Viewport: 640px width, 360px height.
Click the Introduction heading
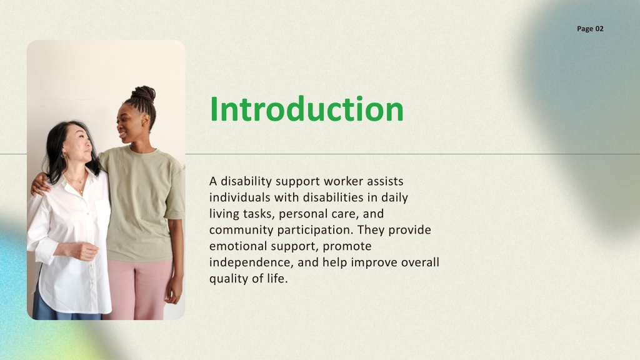(306, 109)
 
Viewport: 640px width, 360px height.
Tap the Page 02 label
(590, 29)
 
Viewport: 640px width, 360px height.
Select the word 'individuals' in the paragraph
(239, 197)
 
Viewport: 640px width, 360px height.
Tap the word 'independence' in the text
(251, 263)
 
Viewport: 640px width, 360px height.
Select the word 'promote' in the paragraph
(347, 247)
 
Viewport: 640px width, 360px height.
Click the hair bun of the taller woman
(144, 94)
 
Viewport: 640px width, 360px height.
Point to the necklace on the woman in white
(77, 184)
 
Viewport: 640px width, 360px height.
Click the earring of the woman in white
(64, 154)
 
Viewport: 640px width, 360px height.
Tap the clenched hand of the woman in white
(86, 251)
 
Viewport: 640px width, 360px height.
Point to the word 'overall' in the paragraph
(420, 262)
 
